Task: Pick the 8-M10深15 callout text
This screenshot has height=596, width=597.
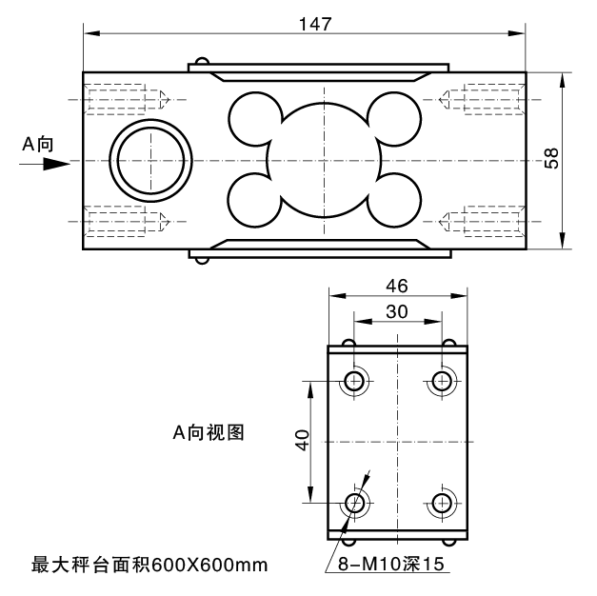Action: pos(391,564)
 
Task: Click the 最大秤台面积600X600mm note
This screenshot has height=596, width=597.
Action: pos(150,565)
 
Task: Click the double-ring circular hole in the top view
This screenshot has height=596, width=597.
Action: pos(150,159)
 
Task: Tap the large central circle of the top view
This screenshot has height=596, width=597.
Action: pos(324,159)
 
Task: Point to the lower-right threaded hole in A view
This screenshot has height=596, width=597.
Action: pos(441,503)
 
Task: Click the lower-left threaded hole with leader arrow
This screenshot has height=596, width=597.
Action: pos(354,503)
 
